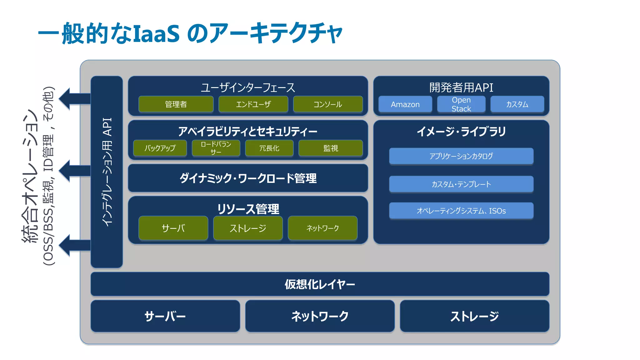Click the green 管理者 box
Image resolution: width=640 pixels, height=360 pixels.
point(176,104)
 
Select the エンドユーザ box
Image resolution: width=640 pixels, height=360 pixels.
point(253,104)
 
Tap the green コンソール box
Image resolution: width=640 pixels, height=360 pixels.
point(328,104)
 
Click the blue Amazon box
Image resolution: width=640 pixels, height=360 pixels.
point(405,104)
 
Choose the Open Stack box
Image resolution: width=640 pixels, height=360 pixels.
point(461,104)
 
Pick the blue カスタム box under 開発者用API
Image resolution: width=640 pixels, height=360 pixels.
point(517,104)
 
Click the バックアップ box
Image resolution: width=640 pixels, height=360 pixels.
point(160,148)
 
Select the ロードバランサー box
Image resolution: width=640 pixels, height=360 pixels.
point(216,148)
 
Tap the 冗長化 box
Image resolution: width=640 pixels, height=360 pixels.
point(269,148)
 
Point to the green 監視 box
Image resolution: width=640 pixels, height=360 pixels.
point(331,148)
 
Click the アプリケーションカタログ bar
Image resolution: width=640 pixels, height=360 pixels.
point(461,156)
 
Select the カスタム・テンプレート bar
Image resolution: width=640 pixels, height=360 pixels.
point(461,184)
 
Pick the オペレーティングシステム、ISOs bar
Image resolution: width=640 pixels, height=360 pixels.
point(461,211)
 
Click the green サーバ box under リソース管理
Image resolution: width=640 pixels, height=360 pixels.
point(173,228)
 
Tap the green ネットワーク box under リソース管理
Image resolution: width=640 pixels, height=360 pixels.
point(322,228)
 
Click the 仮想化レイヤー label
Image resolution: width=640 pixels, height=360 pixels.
point(320,284)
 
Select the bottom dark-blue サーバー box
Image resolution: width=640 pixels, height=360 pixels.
point(165,316)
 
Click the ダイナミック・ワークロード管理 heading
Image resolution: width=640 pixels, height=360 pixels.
point(248,178)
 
